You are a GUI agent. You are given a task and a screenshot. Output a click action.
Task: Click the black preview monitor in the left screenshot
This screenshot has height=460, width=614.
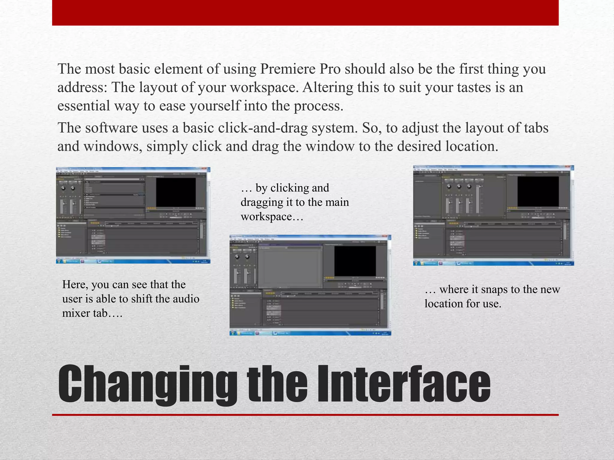(176, 192)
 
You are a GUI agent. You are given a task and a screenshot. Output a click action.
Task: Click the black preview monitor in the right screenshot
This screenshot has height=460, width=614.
(538, 191)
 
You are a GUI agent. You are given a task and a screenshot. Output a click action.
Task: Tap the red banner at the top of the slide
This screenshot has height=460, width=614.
(305, 13)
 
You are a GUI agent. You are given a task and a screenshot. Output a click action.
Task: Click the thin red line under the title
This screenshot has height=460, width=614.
(305, 415)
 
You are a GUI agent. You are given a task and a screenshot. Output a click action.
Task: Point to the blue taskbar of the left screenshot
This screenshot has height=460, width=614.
(133, 261)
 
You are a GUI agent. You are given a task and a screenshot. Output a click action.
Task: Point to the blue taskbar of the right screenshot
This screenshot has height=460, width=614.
(493, 263)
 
